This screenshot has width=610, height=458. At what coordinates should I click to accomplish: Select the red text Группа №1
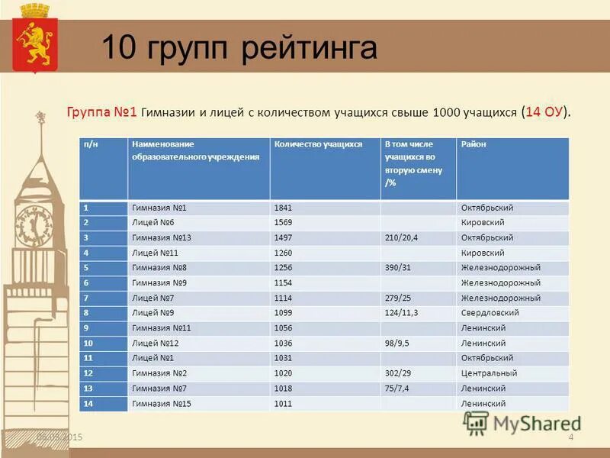pyautogui.click(x=101, y=111)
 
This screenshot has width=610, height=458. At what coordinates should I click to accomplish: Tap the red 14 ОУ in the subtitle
pyautogui.click(x=544, y=111)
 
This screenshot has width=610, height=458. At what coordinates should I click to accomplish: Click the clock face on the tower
pyautogui.click(x=32, y=226)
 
